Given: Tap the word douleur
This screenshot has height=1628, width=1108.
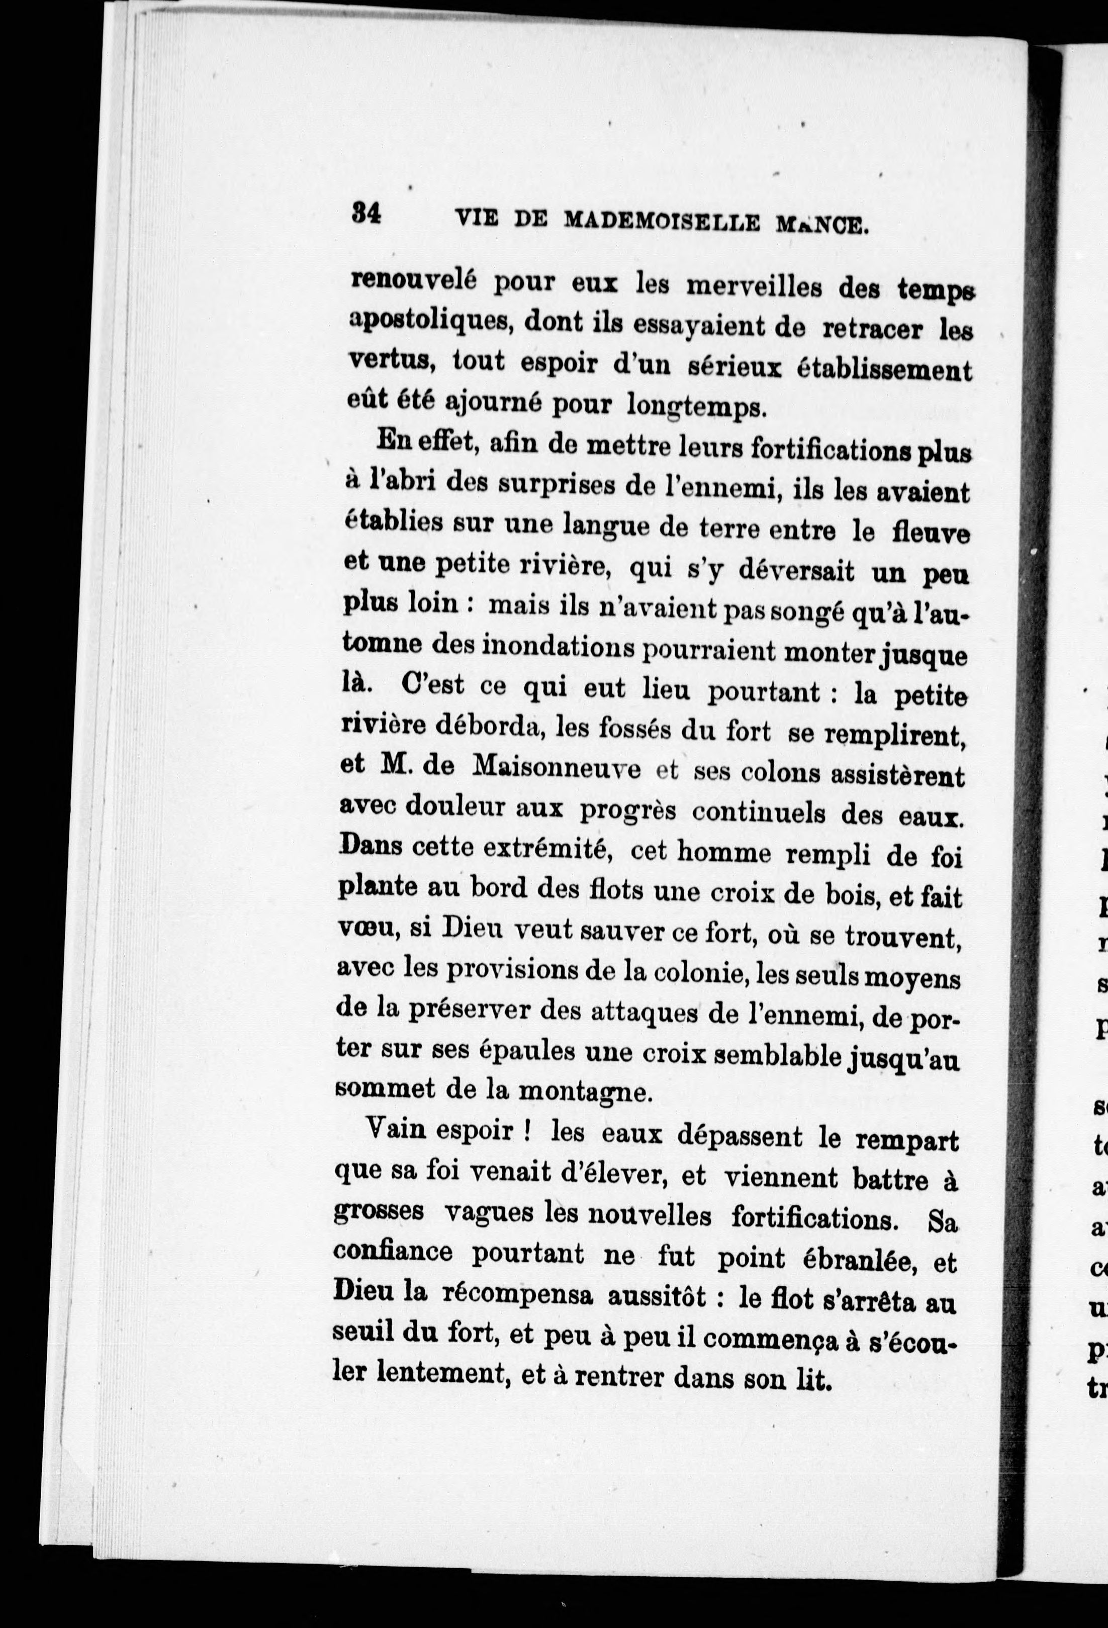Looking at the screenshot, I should coord(455,806).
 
